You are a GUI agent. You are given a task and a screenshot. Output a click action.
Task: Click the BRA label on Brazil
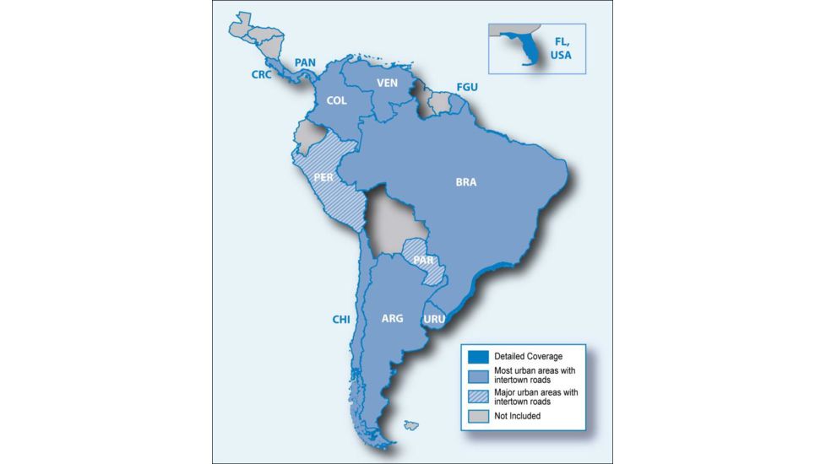click(x=466, y=182)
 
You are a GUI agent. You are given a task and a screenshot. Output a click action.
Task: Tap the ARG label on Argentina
click(x=392, y=319)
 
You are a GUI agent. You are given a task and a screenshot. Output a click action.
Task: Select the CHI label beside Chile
click(x=341, y=320)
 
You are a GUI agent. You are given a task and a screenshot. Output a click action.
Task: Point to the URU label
click(x=434, y=320)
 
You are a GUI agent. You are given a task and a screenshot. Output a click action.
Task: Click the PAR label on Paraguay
click(x=424, y=260)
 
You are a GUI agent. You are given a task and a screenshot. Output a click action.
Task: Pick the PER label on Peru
click(x=322, y=177)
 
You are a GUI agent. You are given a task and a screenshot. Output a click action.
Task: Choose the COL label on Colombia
click(x=336, y=101)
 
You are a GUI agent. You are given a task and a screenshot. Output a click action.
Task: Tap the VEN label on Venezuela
click(x=387, y=83)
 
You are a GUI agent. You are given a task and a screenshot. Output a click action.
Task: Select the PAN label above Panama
click(x=304, y=62)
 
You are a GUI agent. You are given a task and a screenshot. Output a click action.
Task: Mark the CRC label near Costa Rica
click(x=261, y=75)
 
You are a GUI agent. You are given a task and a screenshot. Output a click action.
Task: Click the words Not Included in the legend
click(x=519, y=416)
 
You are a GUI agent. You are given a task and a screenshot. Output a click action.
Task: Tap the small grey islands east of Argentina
click(x=411, y=424)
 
